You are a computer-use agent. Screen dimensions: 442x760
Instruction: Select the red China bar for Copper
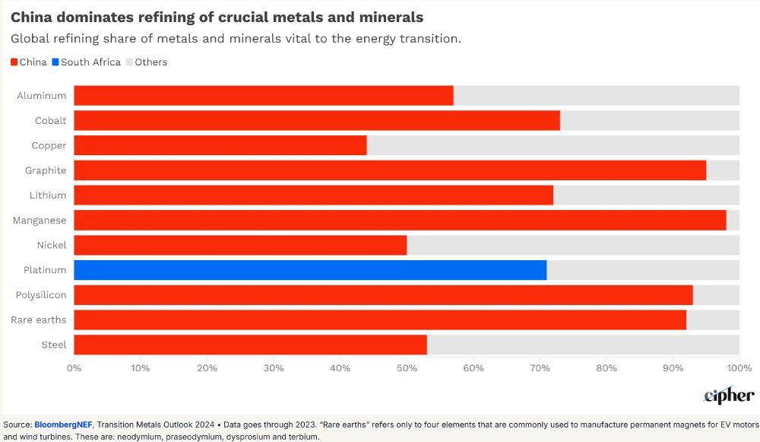(x=220, y=145)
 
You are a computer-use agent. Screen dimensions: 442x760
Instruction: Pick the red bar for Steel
(x=250, y=345)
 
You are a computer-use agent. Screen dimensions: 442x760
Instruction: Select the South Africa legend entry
(x=87, y=62)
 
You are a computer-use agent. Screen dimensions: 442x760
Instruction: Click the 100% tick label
(x=739, y=368)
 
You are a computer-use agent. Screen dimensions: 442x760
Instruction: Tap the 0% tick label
(x=74, y=368)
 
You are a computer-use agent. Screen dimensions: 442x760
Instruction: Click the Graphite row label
(x=46, y=170)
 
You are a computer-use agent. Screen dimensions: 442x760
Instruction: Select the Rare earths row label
(x=40, y=320)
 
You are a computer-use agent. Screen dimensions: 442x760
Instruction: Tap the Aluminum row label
(x=42, y=96)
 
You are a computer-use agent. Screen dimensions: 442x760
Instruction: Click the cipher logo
(x=729, y=396)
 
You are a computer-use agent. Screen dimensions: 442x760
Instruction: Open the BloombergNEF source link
(x=63, y=425)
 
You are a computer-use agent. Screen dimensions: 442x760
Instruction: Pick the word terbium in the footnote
(x=302, y=437)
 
